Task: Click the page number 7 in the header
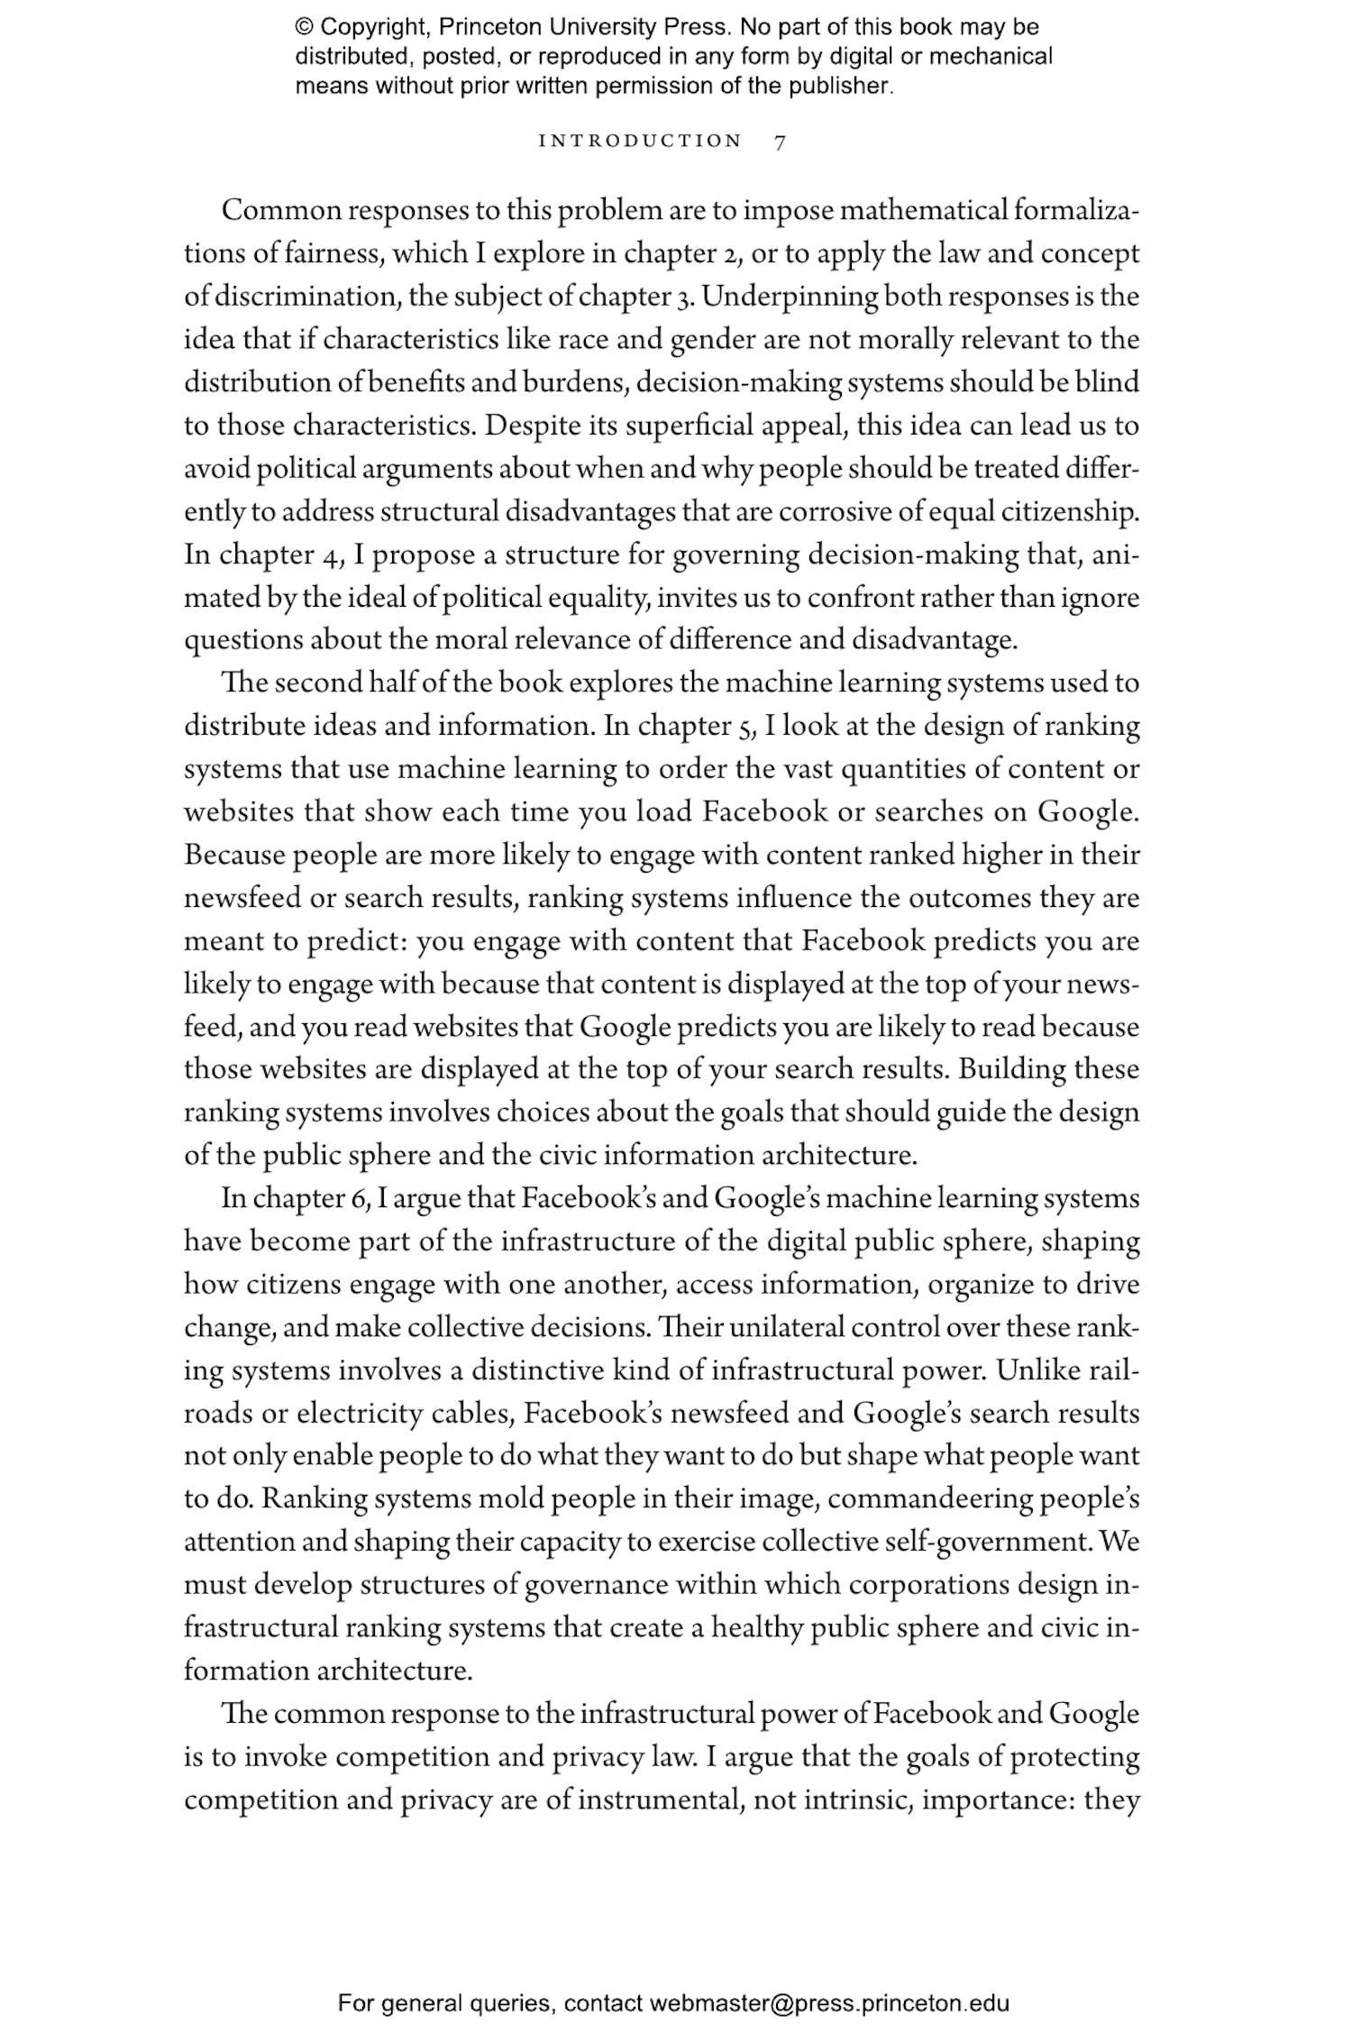pos(781,142)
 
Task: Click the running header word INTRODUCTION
pos(640,142)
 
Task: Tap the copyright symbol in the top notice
pos(303,27)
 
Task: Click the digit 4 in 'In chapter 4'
pos(328,554)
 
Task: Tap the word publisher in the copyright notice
pos(839,87)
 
